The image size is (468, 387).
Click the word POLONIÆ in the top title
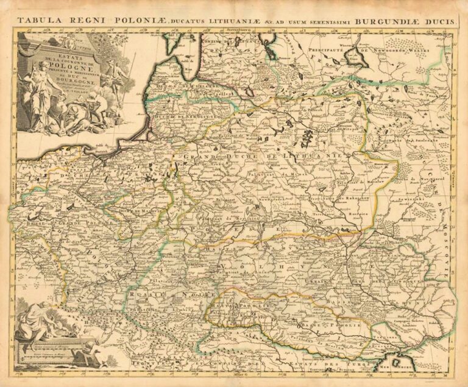pyautogui.click(x=133, y=21)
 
